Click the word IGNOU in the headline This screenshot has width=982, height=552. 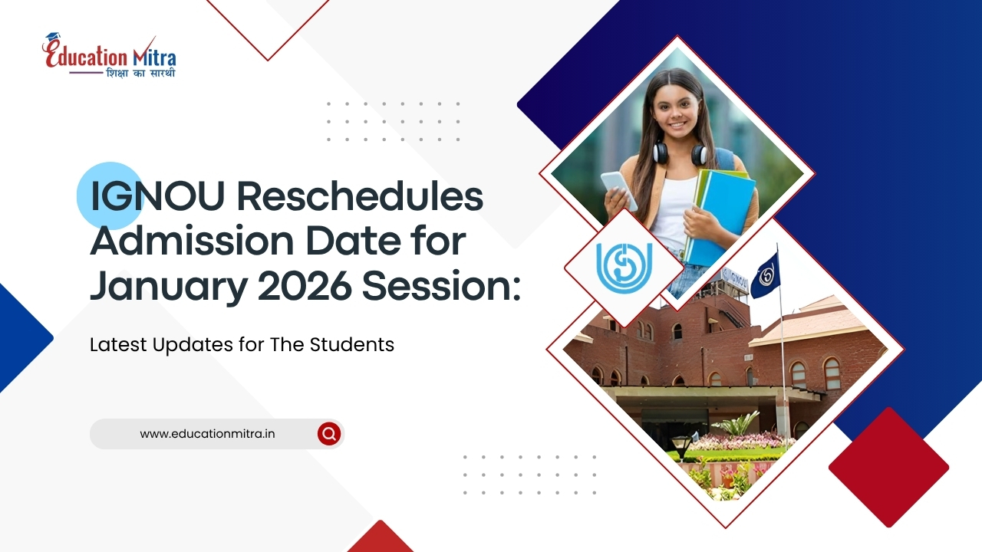pyautogui.click(x=157, y=196)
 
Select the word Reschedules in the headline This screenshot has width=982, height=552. pyautogui.click(x=360, y=195)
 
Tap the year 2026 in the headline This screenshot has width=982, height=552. pyautogui.click(x=305, y=287)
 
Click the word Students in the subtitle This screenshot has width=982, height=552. pyautogui.click(x=352, y=344)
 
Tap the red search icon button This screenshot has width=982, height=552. pyautogui.click(x=329, y=434)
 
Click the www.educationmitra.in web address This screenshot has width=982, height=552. pyautogui.click(x=207, y=434)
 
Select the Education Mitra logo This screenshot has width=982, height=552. pyautogui.click(x=110, y=56)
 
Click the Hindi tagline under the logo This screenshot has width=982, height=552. pyautogui.click(x=140, y=73)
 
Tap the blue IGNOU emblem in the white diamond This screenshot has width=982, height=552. pyautogui.click(x=624, y=268)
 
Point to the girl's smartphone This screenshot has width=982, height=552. pyautogui.click(x=619, y=190)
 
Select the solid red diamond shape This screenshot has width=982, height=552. pyautogui.click(x=888, y=468)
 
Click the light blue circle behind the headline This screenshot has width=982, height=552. pyautogui.click(x=110, y=195)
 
